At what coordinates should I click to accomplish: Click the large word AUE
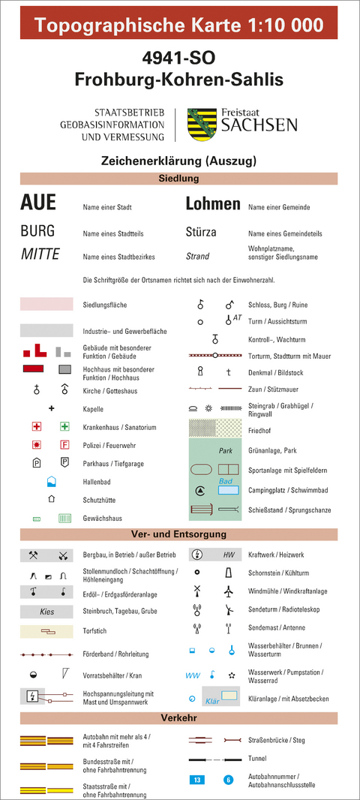(x=38, y=203)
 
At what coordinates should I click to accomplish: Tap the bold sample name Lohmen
(x=213, y=204)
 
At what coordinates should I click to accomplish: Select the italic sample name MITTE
(x=40, y=254)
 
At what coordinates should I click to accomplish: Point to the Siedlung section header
(x=178, y=179)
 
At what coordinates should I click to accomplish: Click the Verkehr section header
(x=178, y=718)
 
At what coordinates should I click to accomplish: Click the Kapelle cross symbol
(x=52, y=408)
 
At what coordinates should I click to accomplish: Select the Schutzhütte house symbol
(x=52, y=498)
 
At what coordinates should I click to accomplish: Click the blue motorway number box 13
(x=197, y=780)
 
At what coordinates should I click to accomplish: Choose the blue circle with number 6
(x=228, y=780)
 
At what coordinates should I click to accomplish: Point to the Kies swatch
(x=46, y=612)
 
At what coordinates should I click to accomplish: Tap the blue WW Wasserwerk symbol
(x=193, y=675)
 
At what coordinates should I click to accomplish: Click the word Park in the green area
(x=226, y=451)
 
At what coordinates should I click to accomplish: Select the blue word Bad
(x=224, y=481)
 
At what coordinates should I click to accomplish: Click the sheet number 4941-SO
(x=178, y=58)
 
